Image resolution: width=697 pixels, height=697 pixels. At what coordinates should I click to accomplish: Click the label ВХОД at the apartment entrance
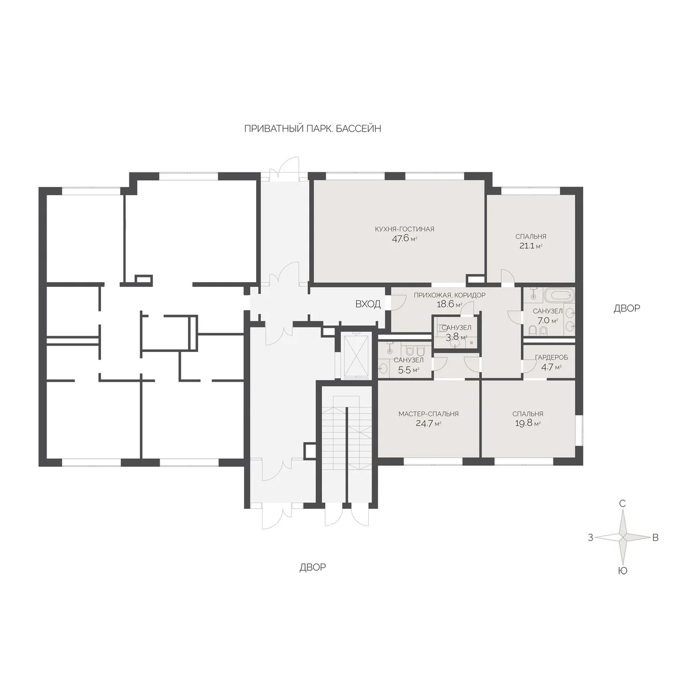point(368,304)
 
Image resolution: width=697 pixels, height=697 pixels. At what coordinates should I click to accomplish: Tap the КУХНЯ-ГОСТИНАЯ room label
point(404,229)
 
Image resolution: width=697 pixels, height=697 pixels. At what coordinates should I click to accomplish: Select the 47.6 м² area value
point(404,239)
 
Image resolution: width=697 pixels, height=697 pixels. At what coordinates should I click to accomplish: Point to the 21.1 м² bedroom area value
point(531,246)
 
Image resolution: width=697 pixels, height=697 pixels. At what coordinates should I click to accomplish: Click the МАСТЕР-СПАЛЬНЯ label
point(428,414)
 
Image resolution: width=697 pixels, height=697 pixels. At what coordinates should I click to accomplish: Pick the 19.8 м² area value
point(528,423)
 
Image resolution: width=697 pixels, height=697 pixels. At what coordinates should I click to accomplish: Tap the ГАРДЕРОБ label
point(551,358)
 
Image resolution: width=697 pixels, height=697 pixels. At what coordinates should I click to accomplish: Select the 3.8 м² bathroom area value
point(456,337)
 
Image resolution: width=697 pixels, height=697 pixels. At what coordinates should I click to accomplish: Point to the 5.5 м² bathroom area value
point(408,370)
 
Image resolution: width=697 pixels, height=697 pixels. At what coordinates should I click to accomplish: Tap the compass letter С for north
point(622,504)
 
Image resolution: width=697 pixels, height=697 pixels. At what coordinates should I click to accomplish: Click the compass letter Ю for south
point(622,571)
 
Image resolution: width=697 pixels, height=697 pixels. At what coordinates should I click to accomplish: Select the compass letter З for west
point(591,538)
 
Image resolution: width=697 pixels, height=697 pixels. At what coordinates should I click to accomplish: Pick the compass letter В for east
point(655,538)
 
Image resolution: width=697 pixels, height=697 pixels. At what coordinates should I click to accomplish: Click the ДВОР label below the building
point(312,567)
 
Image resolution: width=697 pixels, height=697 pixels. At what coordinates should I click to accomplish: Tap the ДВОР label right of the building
point(627,308)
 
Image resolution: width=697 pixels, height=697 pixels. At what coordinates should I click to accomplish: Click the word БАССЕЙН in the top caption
point(358,129)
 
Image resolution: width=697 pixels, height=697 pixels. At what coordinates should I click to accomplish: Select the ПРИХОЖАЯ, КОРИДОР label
point(449,295)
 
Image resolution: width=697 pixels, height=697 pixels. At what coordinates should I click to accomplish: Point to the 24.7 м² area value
point(428,423)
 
